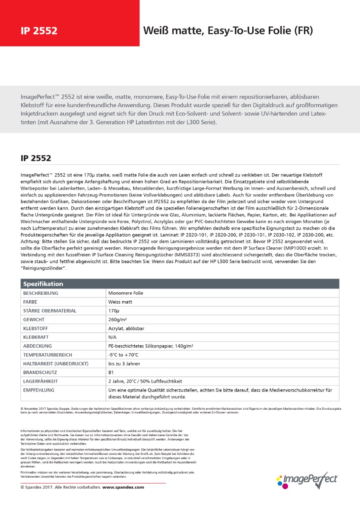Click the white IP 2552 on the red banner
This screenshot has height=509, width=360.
coord(39,31)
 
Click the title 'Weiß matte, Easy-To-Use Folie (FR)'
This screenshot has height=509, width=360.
coord(228,31)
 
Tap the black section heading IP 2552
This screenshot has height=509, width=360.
coord(36,158)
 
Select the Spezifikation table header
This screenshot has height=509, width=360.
coord(43,284)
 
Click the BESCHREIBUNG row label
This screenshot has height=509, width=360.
coord(41,293)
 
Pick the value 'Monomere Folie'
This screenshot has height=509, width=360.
coord(126,293)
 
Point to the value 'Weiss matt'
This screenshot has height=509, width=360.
coord(120,302)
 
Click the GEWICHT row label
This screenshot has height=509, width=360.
coord(34,319)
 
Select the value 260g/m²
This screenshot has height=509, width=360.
coord(119,319)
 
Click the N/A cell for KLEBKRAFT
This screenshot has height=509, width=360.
coord(113,337)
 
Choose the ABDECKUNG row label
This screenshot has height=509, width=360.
coord(38,346)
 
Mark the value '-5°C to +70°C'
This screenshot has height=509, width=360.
coord(124,355)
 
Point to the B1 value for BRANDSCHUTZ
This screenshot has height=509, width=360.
coord(111,372)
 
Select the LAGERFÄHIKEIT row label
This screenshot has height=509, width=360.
coord(40,381)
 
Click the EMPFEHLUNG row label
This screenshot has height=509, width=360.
coord(39,390)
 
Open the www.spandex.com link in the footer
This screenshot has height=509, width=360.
coord(123,487)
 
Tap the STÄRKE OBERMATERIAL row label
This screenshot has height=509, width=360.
coord(50,311)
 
